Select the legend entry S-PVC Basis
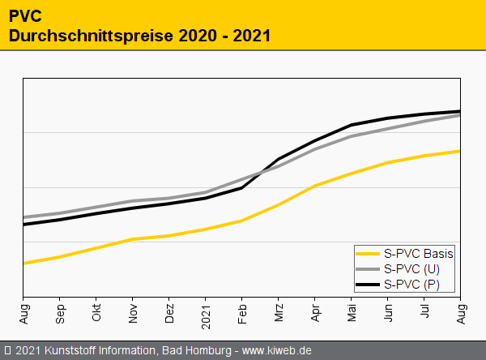coord(418,253)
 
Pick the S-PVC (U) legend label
coord(411,268)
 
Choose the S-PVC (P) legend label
coord(411,284)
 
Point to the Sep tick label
coord(60,312)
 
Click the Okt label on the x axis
coord(96,312)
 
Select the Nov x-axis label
coord(133,312)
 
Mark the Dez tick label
coord(169,312)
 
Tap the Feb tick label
coord(242,312)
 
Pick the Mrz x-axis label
coord(279,312)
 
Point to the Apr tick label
coord(315,312)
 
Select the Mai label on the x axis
coord(352,312)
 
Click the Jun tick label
coord(388,312)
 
